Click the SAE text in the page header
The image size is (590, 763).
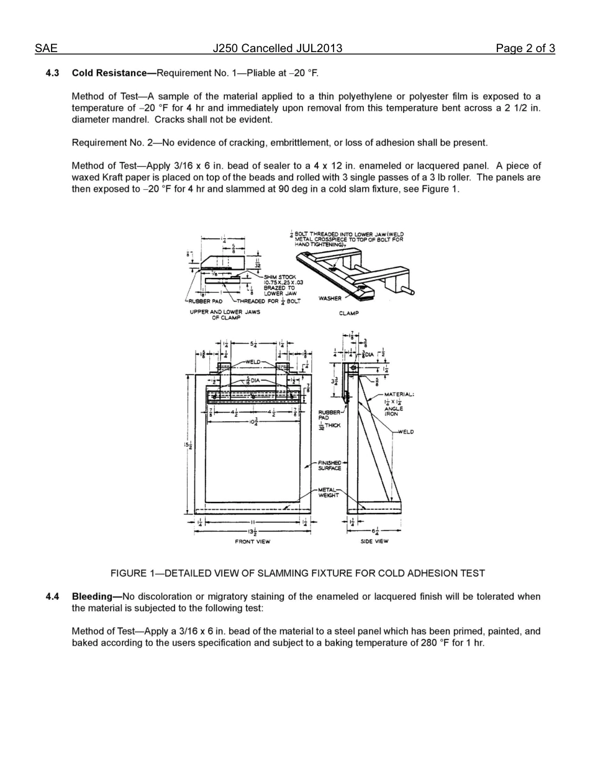(x=46, y=48)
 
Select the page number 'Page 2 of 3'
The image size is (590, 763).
(x=525, y=48)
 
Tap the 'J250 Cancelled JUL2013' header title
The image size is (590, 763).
(x=278, y=48)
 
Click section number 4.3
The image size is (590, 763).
(x=52, y=73)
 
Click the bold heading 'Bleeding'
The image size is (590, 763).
(x=96, y=597)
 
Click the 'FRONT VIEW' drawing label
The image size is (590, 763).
(x=252, y=542)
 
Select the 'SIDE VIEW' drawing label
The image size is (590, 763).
(x=374, y=542)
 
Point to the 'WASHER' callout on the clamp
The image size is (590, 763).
(x=330, y=298)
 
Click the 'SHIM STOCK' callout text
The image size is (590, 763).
(x=281, y=277)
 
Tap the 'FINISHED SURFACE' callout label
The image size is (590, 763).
(x=330, y=465)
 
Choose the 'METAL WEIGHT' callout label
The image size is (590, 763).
(x=329, y=492)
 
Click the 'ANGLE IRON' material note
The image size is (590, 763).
(x=393, y=411)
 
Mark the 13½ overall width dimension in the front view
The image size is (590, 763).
(x=253, y=532)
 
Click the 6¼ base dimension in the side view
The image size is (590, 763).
(x=376, y=532)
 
